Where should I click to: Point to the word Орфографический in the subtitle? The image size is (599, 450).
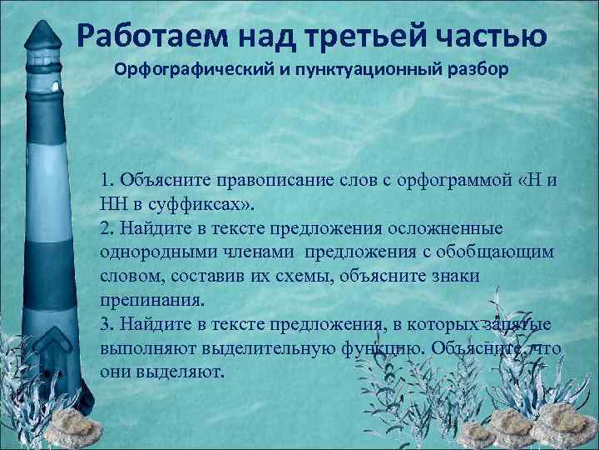[x=178, y=68]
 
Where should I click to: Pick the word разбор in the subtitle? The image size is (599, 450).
[x=473, y=68]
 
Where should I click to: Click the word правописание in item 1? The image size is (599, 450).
[x=266, y=180]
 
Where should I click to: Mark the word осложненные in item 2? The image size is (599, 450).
[x=461, y=227]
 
